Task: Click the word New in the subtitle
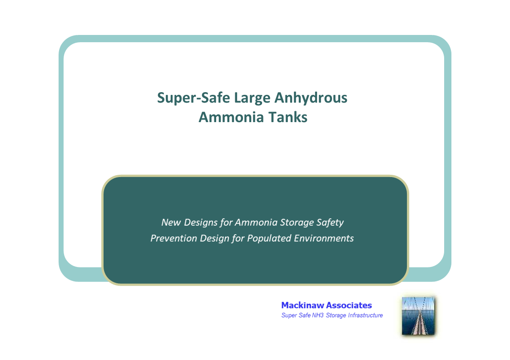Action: click(171, 222)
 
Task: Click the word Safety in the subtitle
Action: click(331, 222)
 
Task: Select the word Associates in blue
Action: click(350, 306)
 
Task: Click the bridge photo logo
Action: click(418, 316)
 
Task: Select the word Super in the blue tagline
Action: click(289, 316)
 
